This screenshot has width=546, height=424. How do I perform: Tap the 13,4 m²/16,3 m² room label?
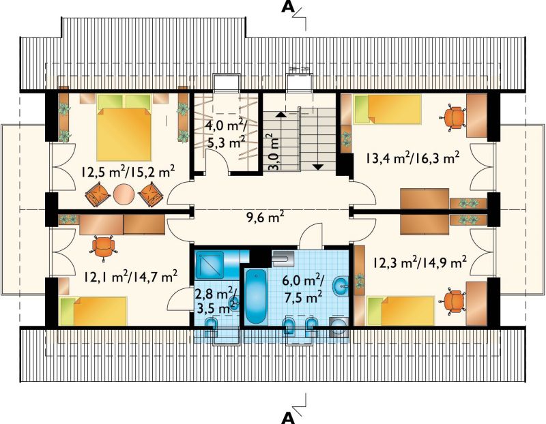coord(412,158)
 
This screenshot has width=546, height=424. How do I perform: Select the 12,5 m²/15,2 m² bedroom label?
coord(128,172)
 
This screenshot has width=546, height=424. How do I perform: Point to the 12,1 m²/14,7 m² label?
coord(131,277)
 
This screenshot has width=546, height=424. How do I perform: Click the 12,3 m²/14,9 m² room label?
coord(420,262)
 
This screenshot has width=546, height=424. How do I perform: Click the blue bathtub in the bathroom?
coord(256,297)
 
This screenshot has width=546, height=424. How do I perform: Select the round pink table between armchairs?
coord(124,195)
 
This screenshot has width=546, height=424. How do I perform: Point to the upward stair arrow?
coord(281,114)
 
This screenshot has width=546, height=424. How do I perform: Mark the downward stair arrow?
coord(317,167)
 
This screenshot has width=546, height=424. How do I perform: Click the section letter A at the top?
coord(288,7)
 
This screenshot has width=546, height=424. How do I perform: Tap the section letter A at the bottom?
coord(288,417)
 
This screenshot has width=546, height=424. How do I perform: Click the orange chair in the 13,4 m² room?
coord(453,117)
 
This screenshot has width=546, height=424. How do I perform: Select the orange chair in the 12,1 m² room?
coord(104,248)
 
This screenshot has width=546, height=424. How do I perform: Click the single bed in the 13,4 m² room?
coord(387,109)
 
